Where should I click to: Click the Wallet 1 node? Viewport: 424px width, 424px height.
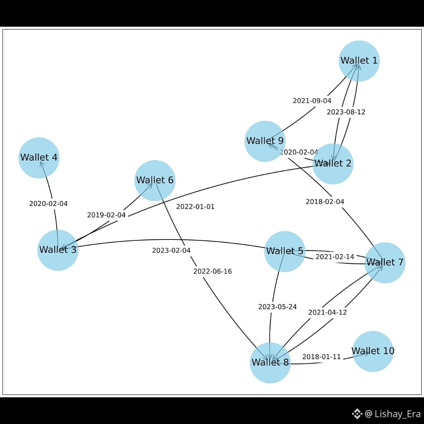(359, 61)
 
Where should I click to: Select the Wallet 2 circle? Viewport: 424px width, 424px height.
(333, 164)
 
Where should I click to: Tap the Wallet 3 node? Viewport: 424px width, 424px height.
(58, 250)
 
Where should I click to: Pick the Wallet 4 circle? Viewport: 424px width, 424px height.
(39, 157)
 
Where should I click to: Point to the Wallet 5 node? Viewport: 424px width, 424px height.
(285, 251)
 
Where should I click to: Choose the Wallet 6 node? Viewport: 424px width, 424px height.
(155, 181)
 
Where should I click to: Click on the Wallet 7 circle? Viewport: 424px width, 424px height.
(385, 262)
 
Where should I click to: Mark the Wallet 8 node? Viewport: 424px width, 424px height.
(270, 362)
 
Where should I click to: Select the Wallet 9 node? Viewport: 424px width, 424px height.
(265, 141)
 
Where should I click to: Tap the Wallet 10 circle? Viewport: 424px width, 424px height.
(373, 351)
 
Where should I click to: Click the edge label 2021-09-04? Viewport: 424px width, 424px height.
(312, 101)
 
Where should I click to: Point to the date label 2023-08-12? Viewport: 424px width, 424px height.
(346, 112)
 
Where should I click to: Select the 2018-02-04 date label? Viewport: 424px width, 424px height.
(325, 202)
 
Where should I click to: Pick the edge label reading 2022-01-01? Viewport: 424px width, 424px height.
(196, 207)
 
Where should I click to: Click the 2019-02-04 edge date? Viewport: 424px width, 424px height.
(106, 215)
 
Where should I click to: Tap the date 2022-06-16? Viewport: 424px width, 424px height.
(212, 272)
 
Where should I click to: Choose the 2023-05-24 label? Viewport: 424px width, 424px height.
(278, 307)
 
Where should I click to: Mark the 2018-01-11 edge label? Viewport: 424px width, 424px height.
(322, 357)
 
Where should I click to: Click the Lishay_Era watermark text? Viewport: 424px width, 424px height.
(397, 413)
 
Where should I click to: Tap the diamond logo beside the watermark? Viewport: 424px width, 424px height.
(356, 413)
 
